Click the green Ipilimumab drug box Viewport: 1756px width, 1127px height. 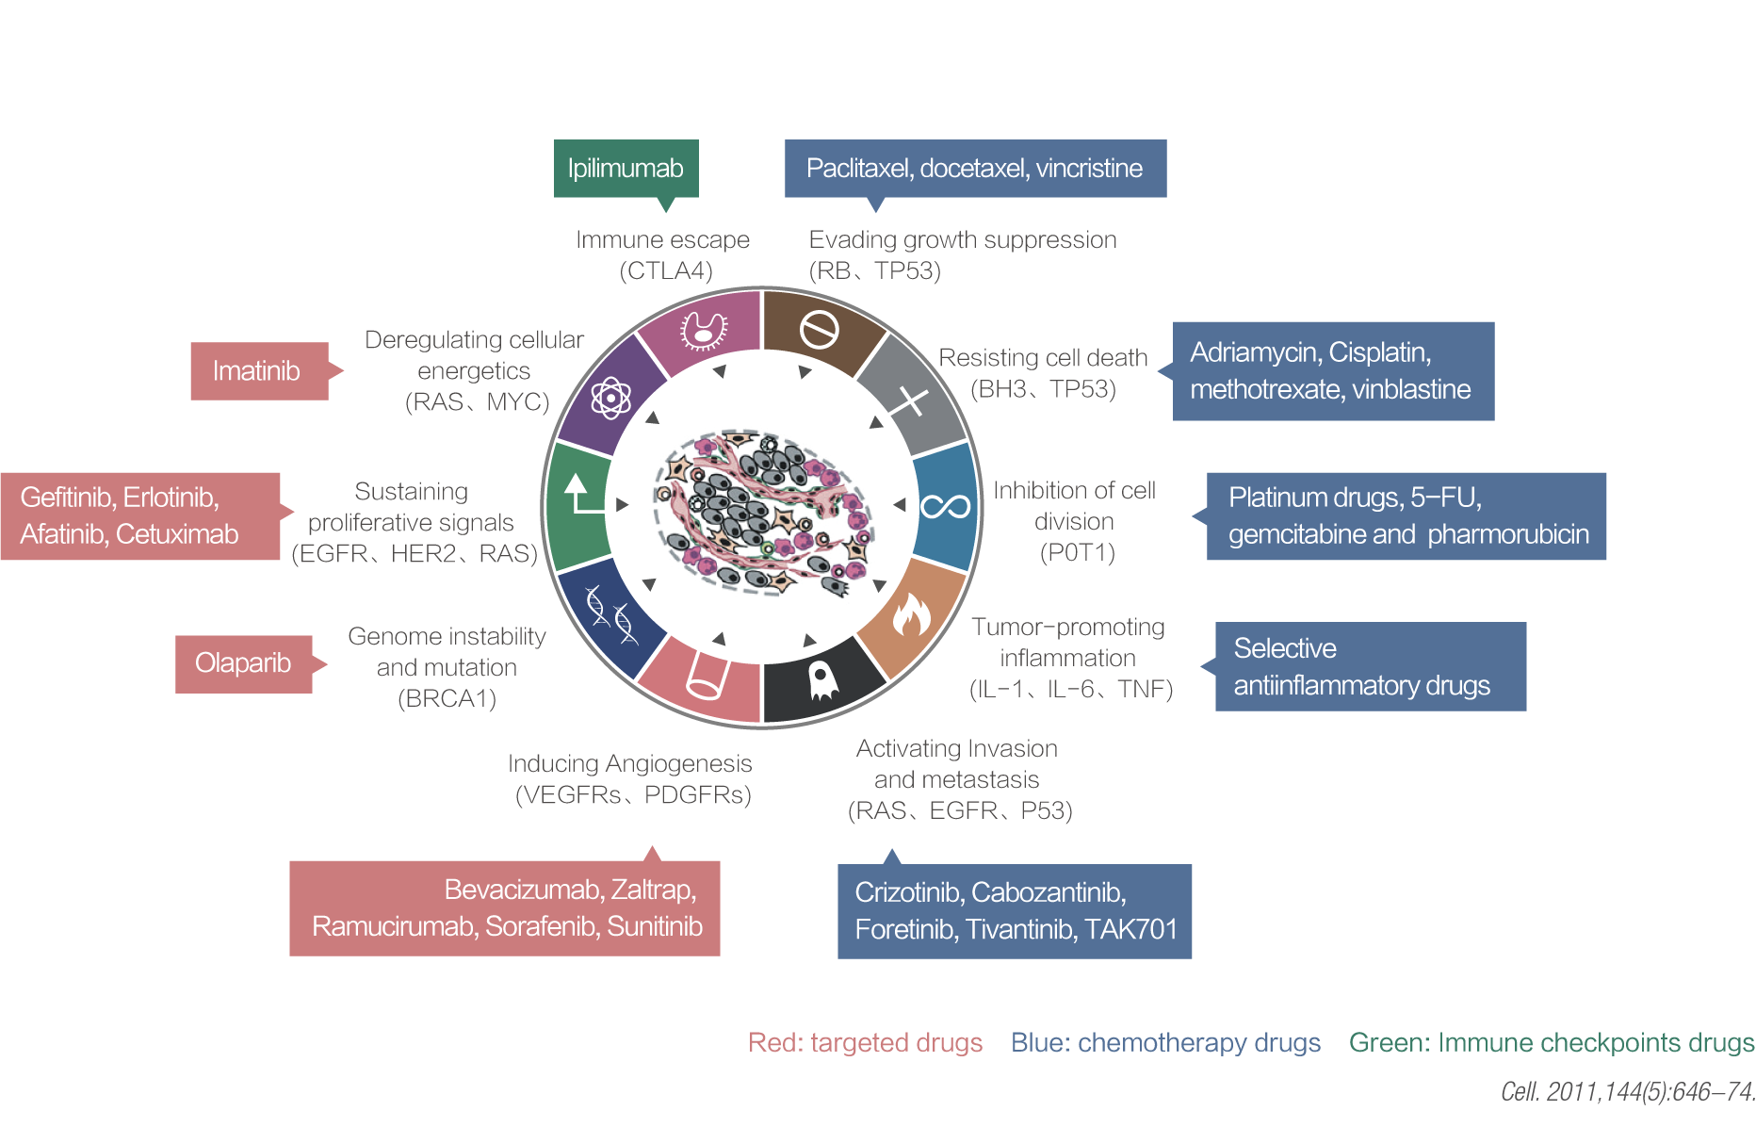coord(626,169)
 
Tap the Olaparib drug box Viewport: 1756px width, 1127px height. coord(243,663)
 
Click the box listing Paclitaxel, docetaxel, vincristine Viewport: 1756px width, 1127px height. coord(975,169)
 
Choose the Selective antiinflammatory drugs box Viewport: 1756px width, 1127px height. coord(1370,666)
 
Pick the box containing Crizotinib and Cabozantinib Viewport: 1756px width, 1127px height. coord(1015,911)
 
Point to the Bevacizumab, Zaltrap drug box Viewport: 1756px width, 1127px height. coord(505,908)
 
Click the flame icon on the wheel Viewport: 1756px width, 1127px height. coord(911,616)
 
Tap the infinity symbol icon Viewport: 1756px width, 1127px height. coord(945,507)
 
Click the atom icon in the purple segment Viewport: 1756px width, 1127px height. coord(610,398)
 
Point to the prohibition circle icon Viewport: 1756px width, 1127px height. coord(819,330)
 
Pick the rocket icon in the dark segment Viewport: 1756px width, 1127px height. coord(822,680)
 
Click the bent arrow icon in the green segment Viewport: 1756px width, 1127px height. coord(581,495)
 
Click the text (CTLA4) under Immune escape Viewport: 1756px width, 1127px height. coord(666,271)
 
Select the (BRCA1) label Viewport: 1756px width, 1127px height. coord(447,699)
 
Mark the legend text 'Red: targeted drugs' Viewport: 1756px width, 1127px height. coord(865,1043)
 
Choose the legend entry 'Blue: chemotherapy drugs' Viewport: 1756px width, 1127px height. coord(1165,1043)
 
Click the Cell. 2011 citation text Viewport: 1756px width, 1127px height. coord(1627,1092)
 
